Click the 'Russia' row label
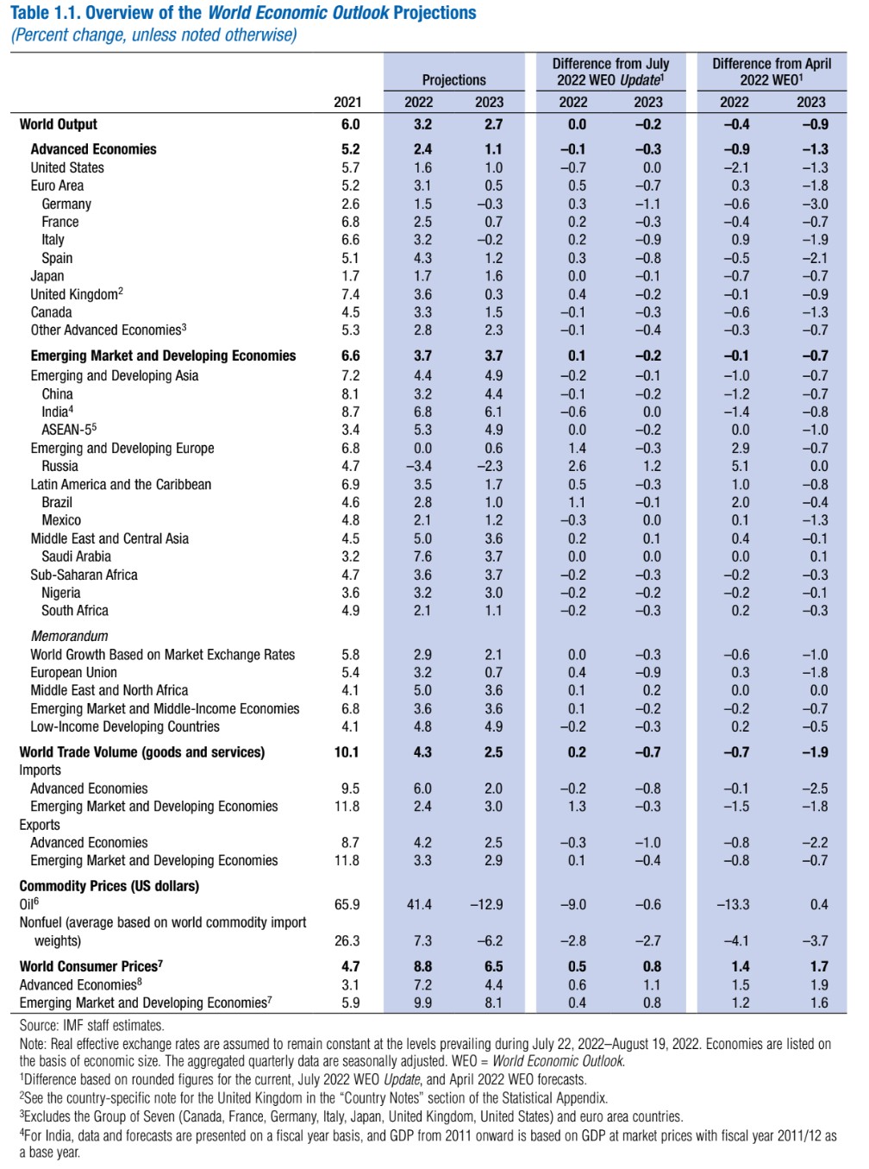pyautogui.click(x=59, y=466)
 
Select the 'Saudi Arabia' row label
pyautogui.click(x=76, y=556)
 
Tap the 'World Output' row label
pyautogui.click(x=59, y=124)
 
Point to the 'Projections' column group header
pyautogui.click(x=454, y=80)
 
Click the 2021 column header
pyautogui.click(x=347, y=102)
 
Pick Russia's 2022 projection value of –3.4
pyautogui.click(x=419, y=466)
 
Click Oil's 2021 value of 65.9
pyautogui.click(x=347, y=904)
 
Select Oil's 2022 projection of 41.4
pyautogui.click(x=419, y=904)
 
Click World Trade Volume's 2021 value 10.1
pyautogui.click(x=347, y=752)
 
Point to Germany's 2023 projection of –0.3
pyautogui.click(x=489, y=204)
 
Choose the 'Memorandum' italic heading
pyautogui.click(x=69, y=636)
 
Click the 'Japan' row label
pyautogui.click(x=47, y=276)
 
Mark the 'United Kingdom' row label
pyautogui.click(x=74, y=294)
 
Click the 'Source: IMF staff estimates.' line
pyautogui.click(x=91, y=1026)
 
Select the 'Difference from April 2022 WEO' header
pyautogui.click(x=772, y=72)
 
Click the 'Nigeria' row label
pyautogui.click(x=61, y=593)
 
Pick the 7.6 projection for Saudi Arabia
pyautogui.click(x=422, y=556)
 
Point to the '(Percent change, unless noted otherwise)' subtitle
pyautogui.click(x=153, y=35)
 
